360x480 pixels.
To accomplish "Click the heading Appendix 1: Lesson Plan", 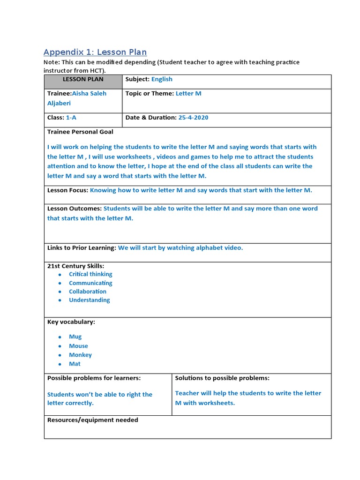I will (95, 52).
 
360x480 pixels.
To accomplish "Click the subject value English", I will (162, 79).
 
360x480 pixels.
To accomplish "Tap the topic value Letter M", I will (188, 93).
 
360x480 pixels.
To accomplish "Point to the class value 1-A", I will (71, 118).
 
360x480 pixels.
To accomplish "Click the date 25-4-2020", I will (193, 118).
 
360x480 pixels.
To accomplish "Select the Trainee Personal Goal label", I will (80, 132).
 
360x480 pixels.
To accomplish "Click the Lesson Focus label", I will (67, 190).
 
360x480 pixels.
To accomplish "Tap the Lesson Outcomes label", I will (74, 209).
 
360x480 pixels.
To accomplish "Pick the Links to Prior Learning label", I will (82, 248).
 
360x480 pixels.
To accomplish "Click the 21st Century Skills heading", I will (75, 266).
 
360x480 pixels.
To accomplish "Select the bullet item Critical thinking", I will (90, 274).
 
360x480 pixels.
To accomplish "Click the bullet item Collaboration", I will (88, 292).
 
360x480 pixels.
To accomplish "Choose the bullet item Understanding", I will (89, 300).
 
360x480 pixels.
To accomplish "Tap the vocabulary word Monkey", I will (80, 355).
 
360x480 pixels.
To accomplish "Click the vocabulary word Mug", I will (75, 337).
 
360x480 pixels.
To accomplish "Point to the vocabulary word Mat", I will (75, 364).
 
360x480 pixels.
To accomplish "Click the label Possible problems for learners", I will (94, 378).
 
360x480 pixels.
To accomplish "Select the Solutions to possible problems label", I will (222, 378).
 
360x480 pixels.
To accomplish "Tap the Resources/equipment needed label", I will (93, 420).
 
